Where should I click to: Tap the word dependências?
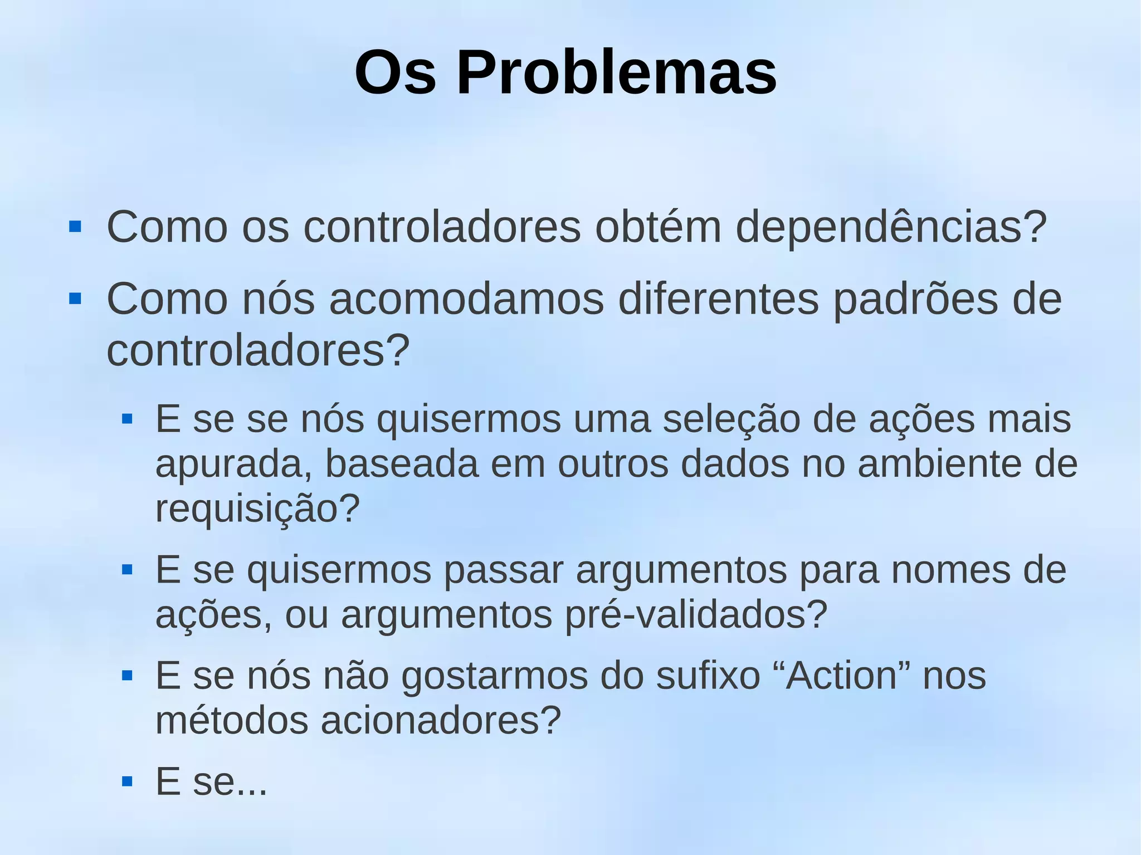(x=891, y=227)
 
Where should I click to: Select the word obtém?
(x=658, y=227)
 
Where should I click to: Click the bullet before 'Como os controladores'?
(x=75, y=227)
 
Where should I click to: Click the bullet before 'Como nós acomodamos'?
(x=75, y=299)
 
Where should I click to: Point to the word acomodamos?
(x=466, y=299)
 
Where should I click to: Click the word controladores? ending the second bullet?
(x=258, y=350)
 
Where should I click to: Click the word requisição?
(x=257, y=508)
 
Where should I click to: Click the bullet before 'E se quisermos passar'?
(x=127, y=570)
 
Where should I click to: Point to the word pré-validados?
(x=696, y=614)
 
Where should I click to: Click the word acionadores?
(x=440, y=720)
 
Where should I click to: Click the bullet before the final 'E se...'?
(x=127, y=781)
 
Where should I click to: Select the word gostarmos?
(x=494, y=676)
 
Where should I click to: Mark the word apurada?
(x=233, y=463)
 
